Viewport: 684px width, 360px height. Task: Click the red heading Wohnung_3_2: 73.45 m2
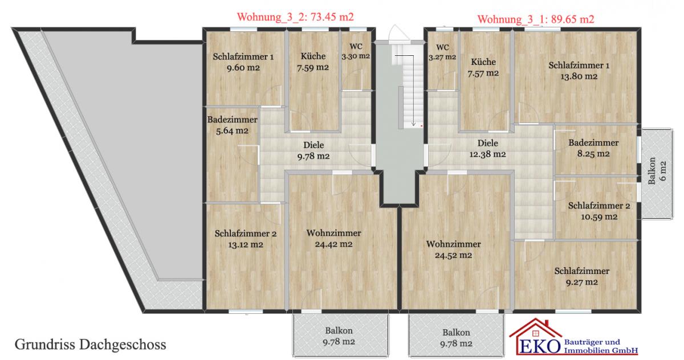[x=295, y=17]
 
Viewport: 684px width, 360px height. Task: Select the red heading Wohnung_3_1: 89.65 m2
[x=536, y=19]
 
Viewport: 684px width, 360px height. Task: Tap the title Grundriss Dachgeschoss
[x=91, y=345]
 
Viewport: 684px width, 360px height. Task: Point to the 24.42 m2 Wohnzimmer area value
[x=333, y=244]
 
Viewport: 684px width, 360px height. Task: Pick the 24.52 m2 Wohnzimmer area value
[x=454, y=255]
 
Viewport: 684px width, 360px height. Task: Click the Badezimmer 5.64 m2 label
[x=232, y=125]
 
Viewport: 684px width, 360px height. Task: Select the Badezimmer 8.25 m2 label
[x=593, y=148]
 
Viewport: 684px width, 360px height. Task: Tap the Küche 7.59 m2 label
[x=313, y=62]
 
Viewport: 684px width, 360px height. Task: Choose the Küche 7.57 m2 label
[x=483, y=68]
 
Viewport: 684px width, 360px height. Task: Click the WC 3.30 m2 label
[x=356, y=51]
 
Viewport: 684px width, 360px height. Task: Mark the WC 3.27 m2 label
[x=442, y=52]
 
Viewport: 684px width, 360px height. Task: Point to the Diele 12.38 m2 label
[x=488, y=149]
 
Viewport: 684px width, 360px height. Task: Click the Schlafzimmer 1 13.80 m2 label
[x=579, y=71]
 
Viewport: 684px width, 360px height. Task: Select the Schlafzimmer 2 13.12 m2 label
[x=246, y=239]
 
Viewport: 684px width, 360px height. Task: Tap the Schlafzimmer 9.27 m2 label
[x=582, y=277]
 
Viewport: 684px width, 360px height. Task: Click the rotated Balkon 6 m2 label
[x=657, y=171]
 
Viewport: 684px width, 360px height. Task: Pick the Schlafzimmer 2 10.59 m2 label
[x=599, y=211]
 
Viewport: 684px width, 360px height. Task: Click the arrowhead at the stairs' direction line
[x=413, y=124]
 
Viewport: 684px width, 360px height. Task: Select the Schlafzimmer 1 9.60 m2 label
[x=243, y=62]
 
